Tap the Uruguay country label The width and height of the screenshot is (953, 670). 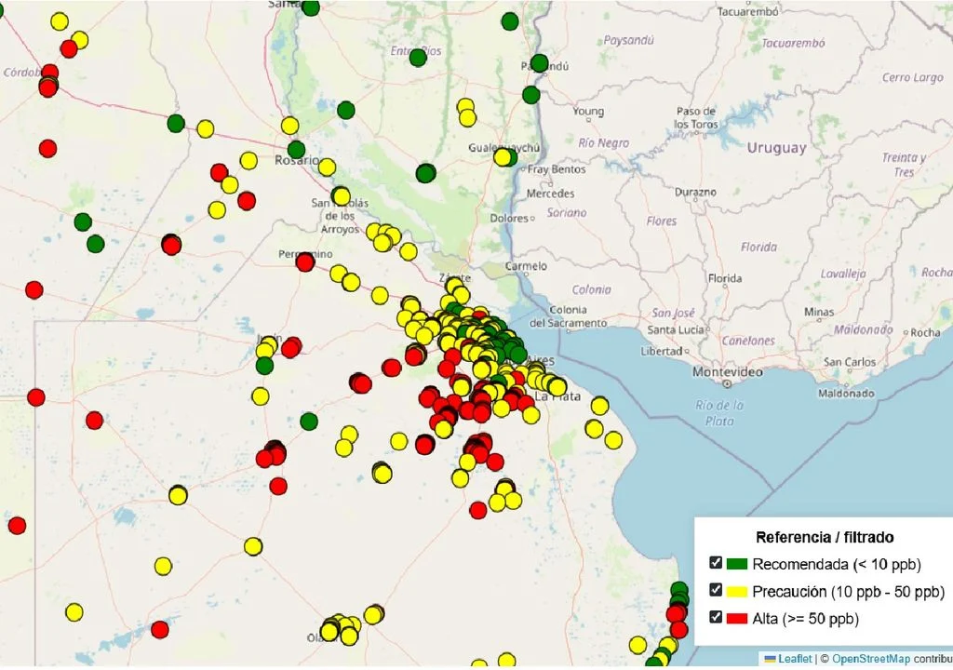(775, 148)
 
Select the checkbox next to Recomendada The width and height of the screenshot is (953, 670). (716, 563)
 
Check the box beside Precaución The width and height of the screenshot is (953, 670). (716, 590)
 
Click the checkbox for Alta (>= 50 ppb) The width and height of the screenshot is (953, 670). (716, 617)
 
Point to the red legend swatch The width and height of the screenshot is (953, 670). (737, 618)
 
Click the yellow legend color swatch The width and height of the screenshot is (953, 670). (737, 591)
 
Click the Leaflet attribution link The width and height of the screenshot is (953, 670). (786, 659)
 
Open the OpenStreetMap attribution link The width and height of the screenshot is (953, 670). (871, 659)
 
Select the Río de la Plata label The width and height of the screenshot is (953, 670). (720, 412)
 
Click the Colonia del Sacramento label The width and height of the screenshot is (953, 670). (568, 316)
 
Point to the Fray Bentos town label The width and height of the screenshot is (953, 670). (557, 169)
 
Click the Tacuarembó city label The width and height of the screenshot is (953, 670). (747, 12)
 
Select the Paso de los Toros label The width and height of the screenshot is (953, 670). (696, 117)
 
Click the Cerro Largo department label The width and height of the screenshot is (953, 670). (912, 78)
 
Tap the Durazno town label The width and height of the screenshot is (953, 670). (696, 192)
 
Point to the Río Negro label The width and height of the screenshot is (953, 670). (603, 143)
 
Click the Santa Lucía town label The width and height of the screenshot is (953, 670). (676, 329)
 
